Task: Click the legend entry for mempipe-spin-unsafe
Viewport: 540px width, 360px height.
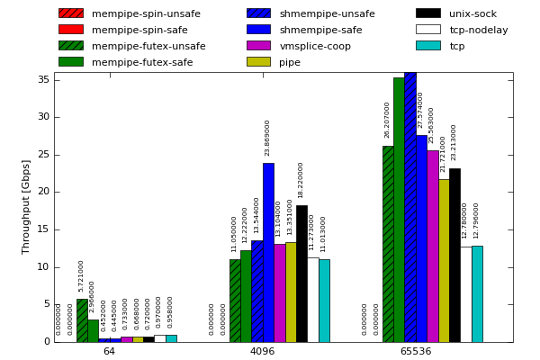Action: point(130,13)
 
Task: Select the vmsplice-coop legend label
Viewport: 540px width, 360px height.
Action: point(315,46)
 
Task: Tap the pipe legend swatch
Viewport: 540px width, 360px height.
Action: point(258,62)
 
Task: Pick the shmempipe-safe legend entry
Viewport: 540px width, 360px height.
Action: point(320,30)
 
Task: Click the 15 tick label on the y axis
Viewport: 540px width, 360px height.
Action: point(43,229)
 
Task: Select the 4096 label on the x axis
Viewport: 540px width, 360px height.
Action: point(262,351)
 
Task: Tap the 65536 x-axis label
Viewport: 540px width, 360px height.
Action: point(416,351)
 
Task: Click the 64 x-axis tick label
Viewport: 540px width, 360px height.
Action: point(109,351)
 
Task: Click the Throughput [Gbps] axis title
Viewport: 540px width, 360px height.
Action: point(26,207)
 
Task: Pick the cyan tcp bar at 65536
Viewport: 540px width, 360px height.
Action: point(477,293)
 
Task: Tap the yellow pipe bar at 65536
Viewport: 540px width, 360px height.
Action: point(444,260)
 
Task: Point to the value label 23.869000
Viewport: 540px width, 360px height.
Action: point(267,138)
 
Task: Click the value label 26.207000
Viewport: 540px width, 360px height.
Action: point(388,120)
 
